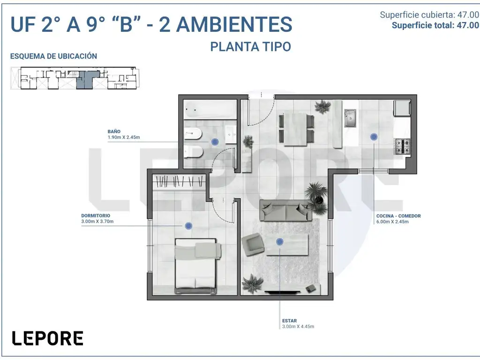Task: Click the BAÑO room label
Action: pos(114,132)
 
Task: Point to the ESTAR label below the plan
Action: pos(289,321)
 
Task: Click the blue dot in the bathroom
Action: pos(215,142)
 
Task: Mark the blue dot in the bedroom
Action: pos(188,225)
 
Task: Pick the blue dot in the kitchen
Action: pos(374,137)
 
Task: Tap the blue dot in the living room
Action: pos(280,242)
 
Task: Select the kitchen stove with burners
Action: pos(403,146)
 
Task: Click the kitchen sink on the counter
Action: pos(350,118)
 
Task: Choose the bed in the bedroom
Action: pos(198,266)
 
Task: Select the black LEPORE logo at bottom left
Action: pos(47,338)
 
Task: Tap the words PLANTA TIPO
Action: pos(250,47)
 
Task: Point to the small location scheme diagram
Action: pos(74,78)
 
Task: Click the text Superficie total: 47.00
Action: pos(435,25)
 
